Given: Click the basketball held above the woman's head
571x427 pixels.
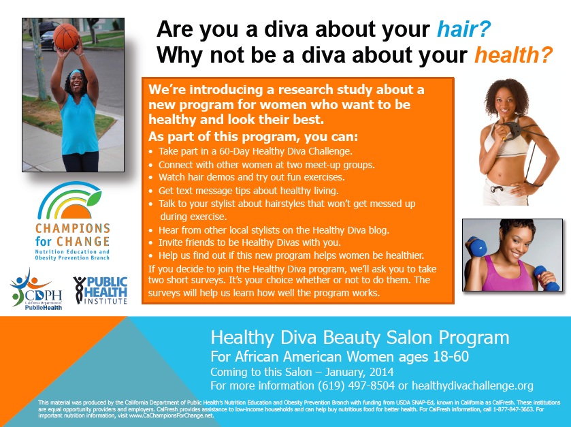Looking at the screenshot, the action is (66, 37).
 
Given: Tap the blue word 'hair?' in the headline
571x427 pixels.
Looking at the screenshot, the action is (463, 29).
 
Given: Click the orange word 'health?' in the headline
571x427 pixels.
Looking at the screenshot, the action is (513, 55).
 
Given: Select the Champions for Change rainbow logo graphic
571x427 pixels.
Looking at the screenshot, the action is (69, 200).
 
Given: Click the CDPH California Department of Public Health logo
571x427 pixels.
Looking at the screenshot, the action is (36, 289).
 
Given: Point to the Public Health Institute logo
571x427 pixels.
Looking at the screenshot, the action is (101, 290).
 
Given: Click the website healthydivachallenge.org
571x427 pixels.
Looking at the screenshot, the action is (472, 385).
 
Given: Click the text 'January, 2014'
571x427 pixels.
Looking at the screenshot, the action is (359, 372).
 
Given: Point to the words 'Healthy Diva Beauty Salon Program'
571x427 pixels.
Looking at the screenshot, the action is (360, 337).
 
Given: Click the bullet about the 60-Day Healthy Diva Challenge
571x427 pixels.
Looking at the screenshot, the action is (250, 151).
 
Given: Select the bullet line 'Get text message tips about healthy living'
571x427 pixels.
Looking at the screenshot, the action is (244, 191).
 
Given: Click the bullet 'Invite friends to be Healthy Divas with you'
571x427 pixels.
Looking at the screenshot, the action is (245, 242).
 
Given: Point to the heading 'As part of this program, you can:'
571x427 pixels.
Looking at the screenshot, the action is (253, 137).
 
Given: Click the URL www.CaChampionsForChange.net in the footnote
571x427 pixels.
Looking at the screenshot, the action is (171, 415).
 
